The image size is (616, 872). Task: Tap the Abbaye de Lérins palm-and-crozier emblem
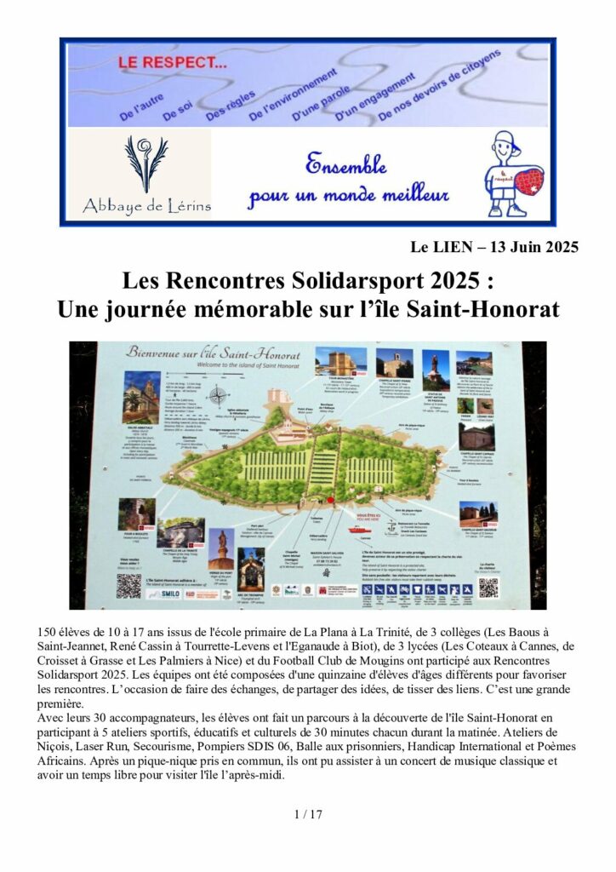[x=146, y=163]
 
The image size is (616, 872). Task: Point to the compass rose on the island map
[x=218, y=396]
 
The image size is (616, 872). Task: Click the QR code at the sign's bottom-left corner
[x=128, y=585]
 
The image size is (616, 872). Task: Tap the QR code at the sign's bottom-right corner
[x=488, y=587]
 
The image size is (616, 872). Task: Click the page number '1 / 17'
[x=307, y=814]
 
